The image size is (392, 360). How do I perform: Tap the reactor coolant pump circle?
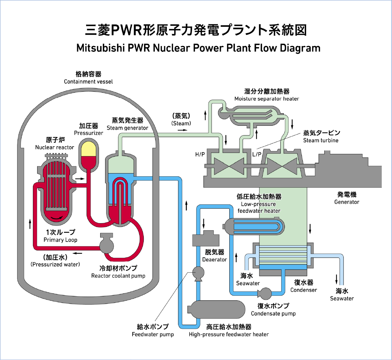tap(106, 245)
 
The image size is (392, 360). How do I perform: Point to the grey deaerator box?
tap(205, 239)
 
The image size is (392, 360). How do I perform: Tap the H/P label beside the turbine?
tap(200, 154)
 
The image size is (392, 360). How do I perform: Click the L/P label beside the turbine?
tap(257, 154)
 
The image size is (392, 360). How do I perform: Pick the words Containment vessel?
tap(88, 82)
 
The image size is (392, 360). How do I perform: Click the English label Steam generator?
tap(127, 128)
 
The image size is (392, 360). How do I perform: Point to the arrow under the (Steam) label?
tap(182, 130)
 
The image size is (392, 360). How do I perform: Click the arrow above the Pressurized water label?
tap(77, 253)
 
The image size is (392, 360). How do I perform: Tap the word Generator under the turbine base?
tap(347, 202)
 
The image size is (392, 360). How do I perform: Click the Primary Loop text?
tap(60, 240)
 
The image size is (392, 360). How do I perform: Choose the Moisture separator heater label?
tap(267, 99)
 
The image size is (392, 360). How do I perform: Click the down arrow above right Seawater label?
tap(336, 279)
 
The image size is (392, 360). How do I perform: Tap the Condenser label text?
tap(303, 290)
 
